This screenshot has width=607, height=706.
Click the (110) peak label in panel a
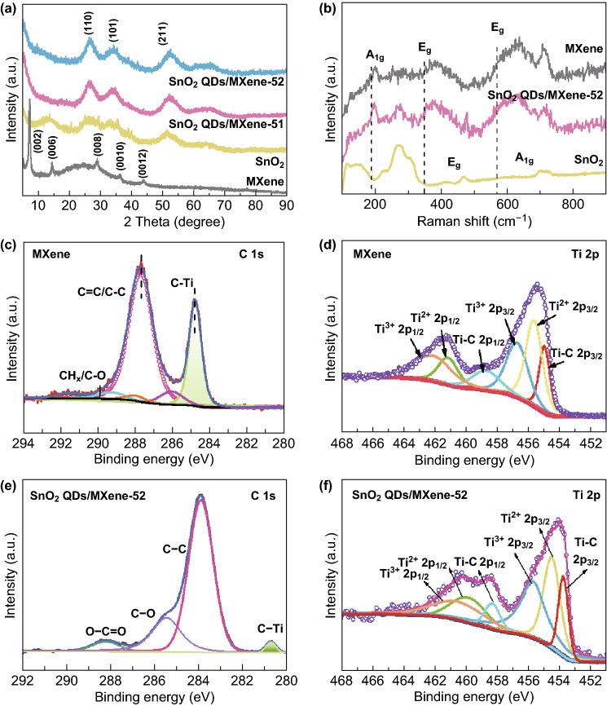point(88,27)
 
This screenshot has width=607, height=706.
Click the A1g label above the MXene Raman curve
point(375,55)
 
